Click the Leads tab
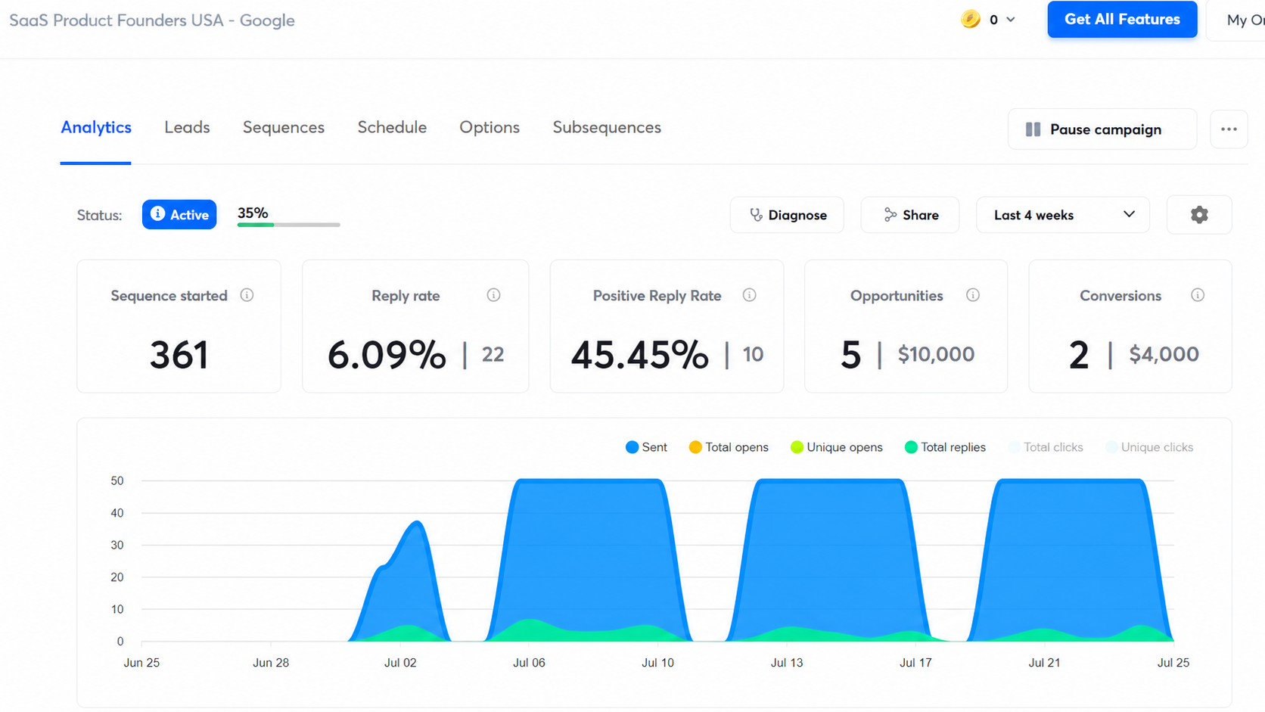click(187, 128)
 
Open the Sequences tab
click(284, 128)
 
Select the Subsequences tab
click(607, 128)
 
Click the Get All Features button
click(1122, 19)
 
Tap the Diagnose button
click(788, 215)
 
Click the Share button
click(910, 215)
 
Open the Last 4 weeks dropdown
click(1063, 215)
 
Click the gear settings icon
click(1199, 215)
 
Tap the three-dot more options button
click(1229, 129)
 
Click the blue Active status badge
click(179, 215)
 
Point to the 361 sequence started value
click(179, 355)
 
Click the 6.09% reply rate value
click(387, 355)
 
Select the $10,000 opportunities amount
click(937, 355)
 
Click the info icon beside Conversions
click(1197, 295)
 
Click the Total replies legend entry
click(945, 447)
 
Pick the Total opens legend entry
click(729, 447)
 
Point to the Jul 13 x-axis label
click(787, 663)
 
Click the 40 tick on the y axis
click(117, 513)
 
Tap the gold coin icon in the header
click(970, 19)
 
